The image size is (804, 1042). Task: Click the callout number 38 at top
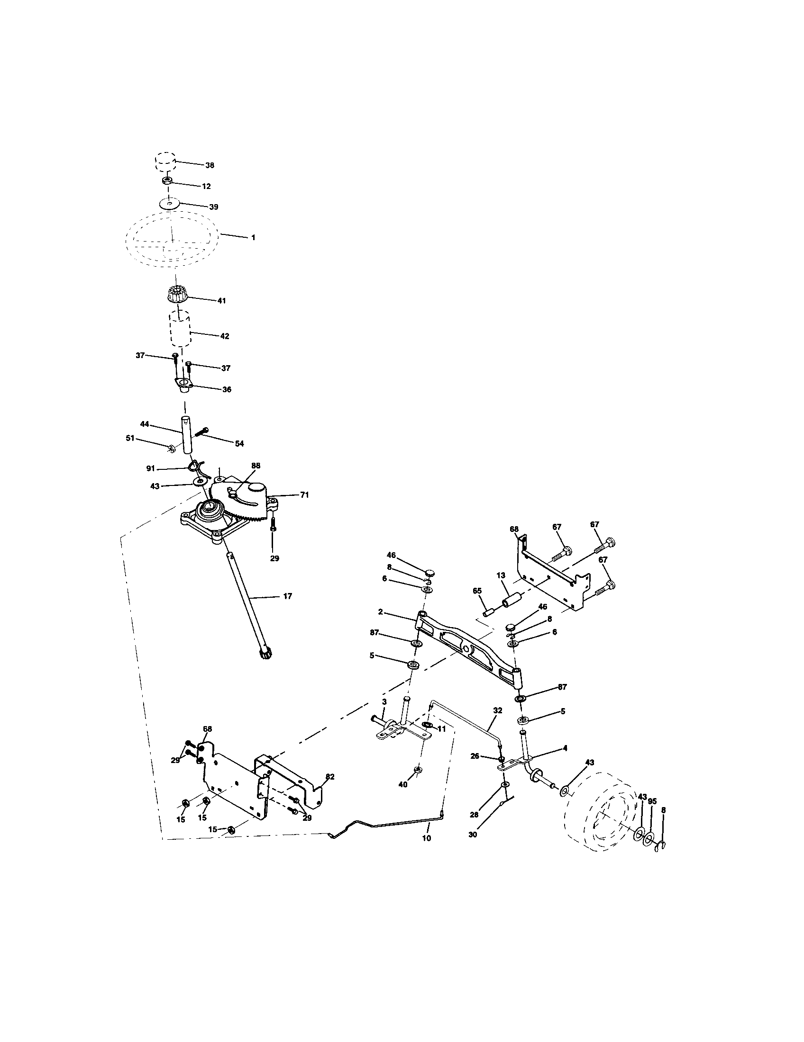click(x=210, y=166)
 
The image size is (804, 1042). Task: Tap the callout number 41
click(x=221, y=301)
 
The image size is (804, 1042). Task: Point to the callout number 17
click(x=287, y=596)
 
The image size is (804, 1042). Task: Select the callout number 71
click(x=304, y=495)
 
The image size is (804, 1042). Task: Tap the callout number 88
click(x=256, y=465)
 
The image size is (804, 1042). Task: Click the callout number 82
click(x=329, y=777)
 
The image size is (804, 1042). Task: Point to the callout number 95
click(x=652, y=801)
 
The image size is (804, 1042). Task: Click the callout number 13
click(x=500, y=576)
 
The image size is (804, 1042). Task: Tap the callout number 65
click(x=477, y=591)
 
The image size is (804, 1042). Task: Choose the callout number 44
click(x=145, y=424)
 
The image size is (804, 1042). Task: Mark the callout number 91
click(x=151, y=469)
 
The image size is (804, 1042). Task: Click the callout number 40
click(x=403, y=784)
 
